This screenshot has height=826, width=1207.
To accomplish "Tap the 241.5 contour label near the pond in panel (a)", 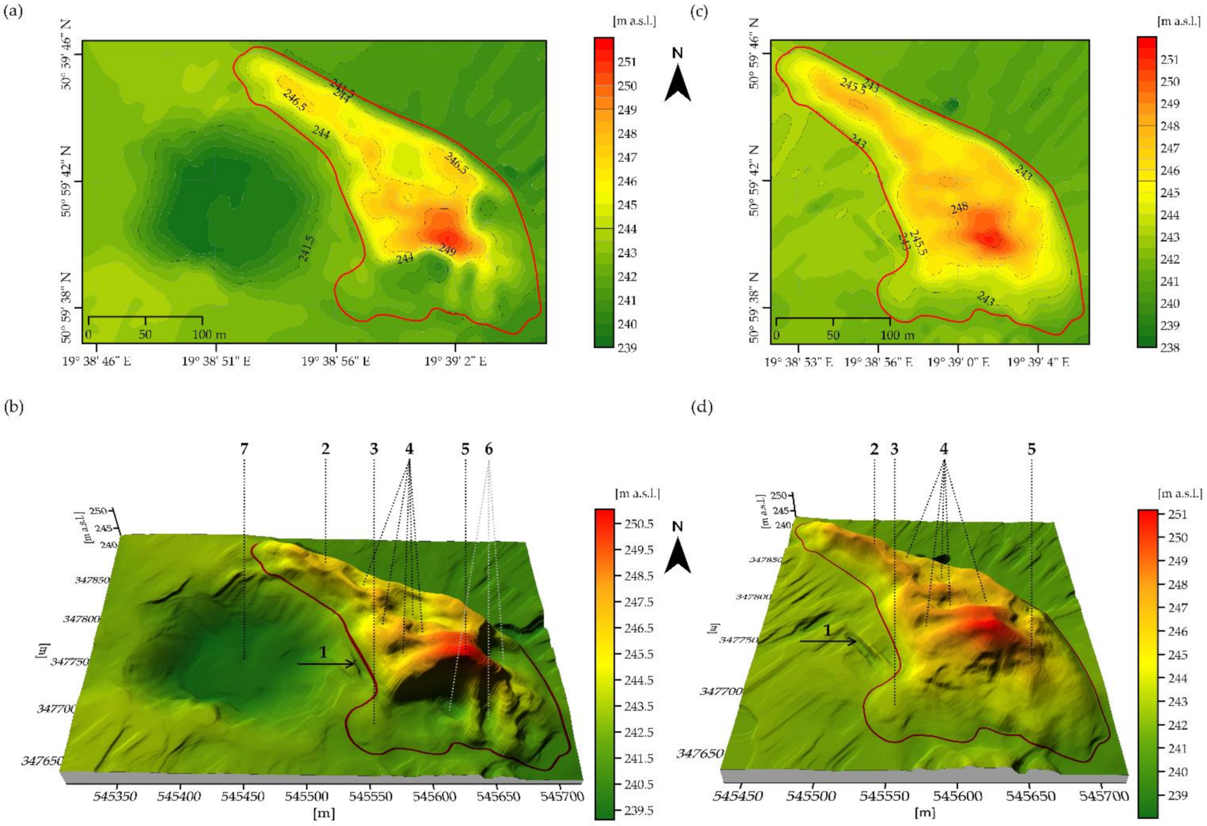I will (307, 248).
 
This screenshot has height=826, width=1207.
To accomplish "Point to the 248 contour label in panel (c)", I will (959, 207).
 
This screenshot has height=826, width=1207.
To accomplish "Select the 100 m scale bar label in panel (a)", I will (209, 334).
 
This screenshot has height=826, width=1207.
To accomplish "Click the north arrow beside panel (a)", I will (677, 83).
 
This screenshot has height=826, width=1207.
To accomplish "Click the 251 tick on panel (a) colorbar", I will (627, 62).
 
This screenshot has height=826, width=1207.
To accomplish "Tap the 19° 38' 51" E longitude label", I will (216, 361).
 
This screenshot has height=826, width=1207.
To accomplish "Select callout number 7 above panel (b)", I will (244, 449).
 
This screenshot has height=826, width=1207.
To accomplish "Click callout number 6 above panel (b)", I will (488, 449).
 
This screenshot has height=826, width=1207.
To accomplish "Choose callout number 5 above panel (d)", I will (1031, 449).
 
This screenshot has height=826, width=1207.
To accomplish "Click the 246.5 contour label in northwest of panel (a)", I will (294, 99).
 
